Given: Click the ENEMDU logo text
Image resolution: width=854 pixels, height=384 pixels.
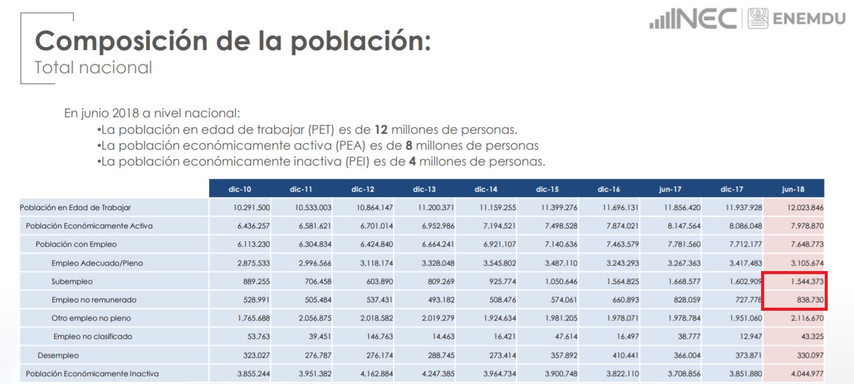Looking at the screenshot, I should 809,19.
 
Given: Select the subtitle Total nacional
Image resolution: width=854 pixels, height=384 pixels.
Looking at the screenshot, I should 93,67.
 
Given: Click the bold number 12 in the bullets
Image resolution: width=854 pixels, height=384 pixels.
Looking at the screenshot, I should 381,130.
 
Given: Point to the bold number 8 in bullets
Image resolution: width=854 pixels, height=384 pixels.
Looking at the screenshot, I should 409,146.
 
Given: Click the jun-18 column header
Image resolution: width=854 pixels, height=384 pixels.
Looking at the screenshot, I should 793,189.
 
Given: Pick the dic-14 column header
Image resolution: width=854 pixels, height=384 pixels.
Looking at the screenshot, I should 487,189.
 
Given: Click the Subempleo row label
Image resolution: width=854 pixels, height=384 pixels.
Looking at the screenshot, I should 72,281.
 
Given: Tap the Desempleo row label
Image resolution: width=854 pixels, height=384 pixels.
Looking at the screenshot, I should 58,355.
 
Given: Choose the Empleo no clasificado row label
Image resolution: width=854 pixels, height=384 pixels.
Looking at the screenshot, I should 92,336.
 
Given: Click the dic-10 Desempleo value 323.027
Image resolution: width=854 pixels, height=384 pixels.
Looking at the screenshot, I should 253,355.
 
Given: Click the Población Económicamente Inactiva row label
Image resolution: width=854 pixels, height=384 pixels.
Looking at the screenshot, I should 92,374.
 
